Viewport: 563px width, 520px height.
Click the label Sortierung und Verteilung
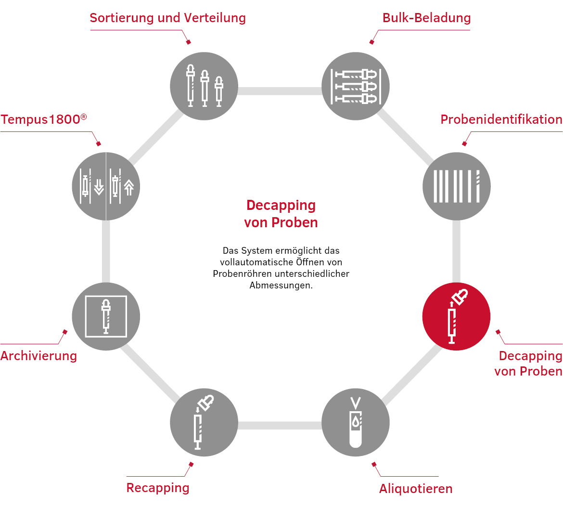click(167, 18)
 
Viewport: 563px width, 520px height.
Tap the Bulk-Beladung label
click(426, 18)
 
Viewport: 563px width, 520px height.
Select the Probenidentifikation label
click(501, 119)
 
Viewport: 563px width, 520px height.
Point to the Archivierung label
click(39, 356)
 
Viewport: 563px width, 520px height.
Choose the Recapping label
click(158, 488)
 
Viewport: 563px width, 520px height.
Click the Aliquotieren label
click(416, 489)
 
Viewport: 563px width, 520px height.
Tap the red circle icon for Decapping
click(456, 316)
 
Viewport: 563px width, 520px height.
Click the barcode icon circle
click(456, 186)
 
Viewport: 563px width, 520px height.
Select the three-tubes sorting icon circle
click(204, 86)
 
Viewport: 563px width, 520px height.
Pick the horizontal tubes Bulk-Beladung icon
click(356, 86)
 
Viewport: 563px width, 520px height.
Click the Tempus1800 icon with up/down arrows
click(106, 186)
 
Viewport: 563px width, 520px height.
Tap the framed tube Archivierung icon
click(106, 316)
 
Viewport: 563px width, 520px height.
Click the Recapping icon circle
click(204, 422)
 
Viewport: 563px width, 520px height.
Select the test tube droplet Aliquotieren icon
click(356, 422)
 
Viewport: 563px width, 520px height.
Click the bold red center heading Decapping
click(281, 205)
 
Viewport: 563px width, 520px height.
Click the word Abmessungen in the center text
click(281, 286)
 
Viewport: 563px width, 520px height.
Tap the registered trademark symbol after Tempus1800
click(84, 117)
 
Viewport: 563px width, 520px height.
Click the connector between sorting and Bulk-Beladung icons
click(280, 91)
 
